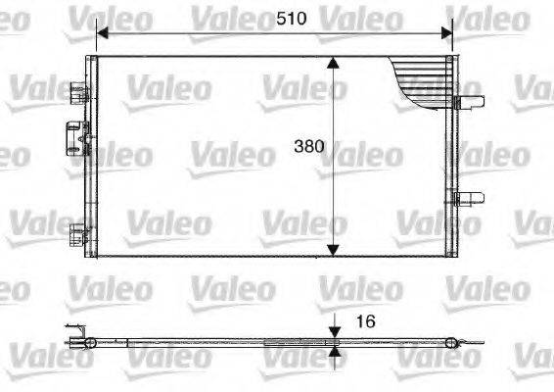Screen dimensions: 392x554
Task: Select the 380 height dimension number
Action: point(310,149)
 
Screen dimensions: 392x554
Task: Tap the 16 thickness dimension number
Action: point(363,319)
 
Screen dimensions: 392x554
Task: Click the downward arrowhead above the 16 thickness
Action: point(334,331)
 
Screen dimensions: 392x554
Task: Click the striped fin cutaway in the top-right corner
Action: point(422,78)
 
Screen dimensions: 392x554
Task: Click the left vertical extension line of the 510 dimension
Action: point(95,39)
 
